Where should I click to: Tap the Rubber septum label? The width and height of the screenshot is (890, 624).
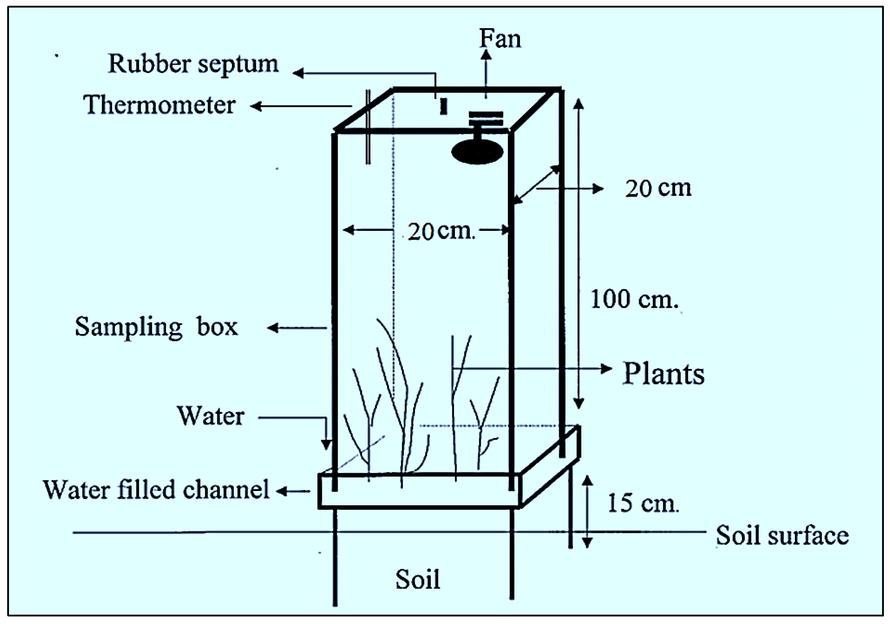[x=193, y=64]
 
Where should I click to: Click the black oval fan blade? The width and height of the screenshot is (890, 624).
[x=477, y=151]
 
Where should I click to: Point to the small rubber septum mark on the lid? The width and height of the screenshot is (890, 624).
[x=443, y=106]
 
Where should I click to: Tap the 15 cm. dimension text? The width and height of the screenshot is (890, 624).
[x=643, y=503]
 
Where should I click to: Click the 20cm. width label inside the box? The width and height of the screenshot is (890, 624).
[x=441, y=231]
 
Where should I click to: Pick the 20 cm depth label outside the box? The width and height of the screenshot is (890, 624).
[x=658, y=189]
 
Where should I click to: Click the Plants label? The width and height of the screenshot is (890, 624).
[x=663, y=374]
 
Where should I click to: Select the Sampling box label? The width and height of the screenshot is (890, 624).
[x=156, y=328]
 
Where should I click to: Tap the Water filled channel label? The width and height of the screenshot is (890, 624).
[x=156, y=490]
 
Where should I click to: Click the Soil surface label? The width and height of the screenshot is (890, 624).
[x=782, y=536]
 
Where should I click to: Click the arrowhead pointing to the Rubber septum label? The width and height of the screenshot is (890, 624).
[x=298, y=73]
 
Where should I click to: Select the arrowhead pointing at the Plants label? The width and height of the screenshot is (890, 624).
[x=606, y=369]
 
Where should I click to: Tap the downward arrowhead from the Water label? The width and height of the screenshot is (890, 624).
[x=327, y=444]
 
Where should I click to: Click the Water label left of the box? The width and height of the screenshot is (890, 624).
[x=210, y=416]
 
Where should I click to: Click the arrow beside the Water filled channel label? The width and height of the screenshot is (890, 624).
[x=293, y=491]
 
